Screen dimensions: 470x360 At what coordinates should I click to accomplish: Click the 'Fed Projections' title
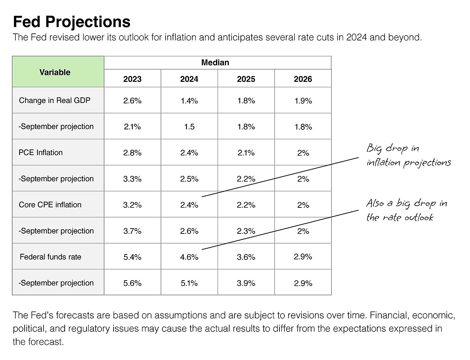pos(72,22)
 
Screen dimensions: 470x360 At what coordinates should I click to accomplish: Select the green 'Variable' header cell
pos(58,72)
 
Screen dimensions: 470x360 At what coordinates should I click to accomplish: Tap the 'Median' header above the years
pos(215,63)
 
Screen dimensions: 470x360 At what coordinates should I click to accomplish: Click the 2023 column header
pos(133,79)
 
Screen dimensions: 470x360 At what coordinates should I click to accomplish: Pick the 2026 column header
pos(303,79)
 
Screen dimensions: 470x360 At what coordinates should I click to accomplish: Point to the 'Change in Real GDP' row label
pos(54,100)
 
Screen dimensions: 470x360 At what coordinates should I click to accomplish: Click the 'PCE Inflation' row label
pos(41,153)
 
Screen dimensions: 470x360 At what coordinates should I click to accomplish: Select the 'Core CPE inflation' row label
pos(50,205)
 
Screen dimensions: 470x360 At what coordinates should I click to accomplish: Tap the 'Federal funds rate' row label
pos(50,257)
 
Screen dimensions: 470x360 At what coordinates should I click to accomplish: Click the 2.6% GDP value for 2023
pos(133,101)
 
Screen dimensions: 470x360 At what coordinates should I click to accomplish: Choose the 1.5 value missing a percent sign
pos(189,127)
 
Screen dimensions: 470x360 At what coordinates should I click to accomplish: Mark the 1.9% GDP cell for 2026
pos(303,101)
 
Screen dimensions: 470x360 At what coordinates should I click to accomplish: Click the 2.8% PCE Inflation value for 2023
pos(133,153)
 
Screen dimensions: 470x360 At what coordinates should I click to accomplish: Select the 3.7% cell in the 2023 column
pos(133,231)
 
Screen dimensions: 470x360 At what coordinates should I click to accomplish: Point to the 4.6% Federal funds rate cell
pos(189,257)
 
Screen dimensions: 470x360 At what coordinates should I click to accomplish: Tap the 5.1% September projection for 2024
pos(189,283)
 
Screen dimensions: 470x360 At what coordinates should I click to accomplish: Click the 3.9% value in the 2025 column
pos(246,283)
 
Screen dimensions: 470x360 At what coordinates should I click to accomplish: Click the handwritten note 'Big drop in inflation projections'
pos(409,155)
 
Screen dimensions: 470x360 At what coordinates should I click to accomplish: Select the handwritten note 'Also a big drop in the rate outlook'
pos(407,210)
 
